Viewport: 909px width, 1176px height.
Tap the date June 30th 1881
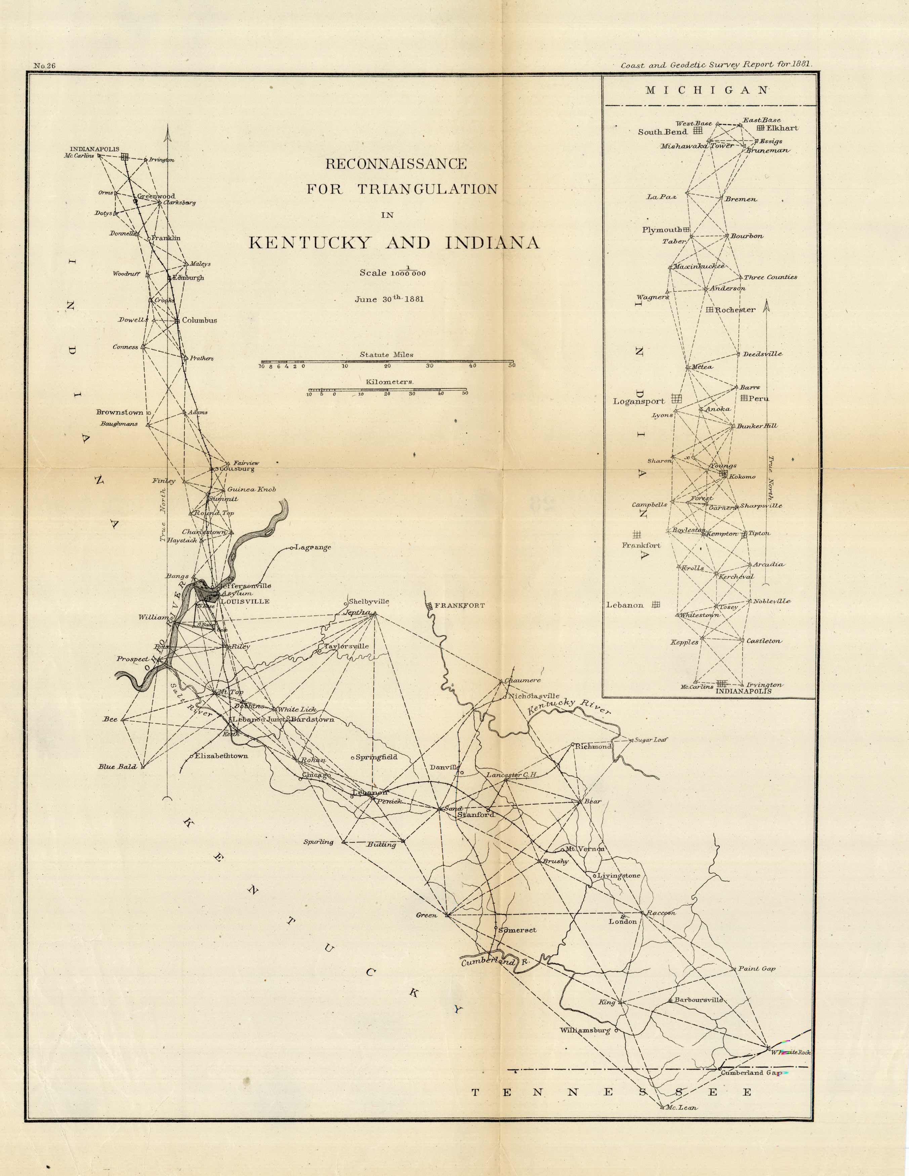389,299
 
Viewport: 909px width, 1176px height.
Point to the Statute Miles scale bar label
387,354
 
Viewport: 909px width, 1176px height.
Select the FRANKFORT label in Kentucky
459,605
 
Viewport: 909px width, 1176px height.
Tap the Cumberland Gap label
751,1073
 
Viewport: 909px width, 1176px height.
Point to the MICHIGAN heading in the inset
707,90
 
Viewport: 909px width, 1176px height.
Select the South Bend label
662,132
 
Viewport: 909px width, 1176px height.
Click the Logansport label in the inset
639,401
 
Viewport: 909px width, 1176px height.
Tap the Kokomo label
742,476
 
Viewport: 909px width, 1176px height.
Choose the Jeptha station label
357,612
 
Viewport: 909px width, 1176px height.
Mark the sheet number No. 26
45,66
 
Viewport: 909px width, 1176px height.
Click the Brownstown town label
120,413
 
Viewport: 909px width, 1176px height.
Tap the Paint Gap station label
756,969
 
